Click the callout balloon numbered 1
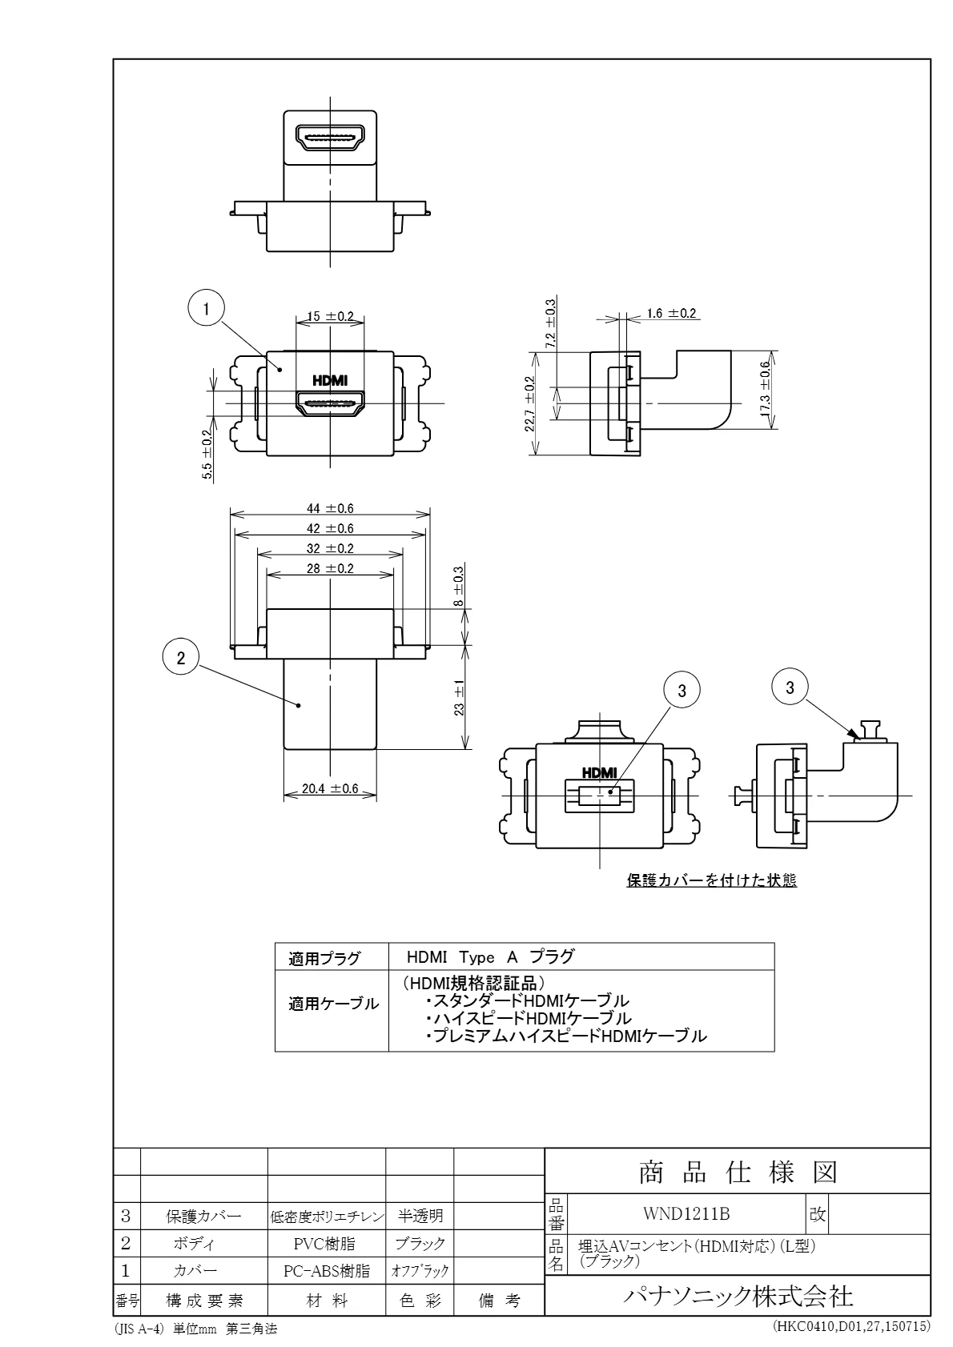[207, 308]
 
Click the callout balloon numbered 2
[181, 658]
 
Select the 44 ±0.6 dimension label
[329, 508]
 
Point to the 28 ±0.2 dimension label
[329, 568]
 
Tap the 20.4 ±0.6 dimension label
[330, 788]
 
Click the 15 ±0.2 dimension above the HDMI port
[329, 316]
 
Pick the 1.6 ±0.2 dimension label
[670, 313]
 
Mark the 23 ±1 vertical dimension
[460, 698]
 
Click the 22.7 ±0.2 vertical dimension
[529, 404]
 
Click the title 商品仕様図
[738, 1172]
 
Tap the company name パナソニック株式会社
[738, 1295]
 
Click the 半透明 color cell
[420, 1217]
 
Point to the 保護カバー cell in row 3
[203, 1217]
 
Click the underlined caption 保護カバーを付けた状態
[710, 881]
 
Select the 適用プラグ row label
[324, 958]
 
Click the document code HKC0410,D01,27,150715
[850, 1326]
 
